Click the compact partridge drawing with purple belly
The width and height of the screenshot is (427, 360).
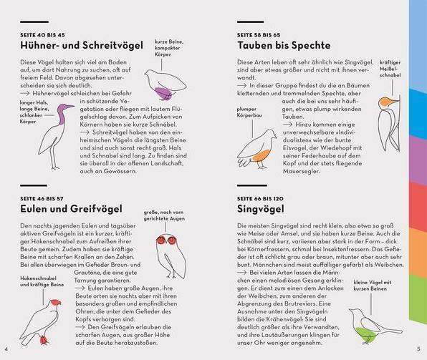167,82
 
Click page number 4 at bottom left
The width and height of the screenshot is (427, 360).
5,349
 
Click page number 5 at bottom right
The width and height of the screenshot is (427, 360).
419,349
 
